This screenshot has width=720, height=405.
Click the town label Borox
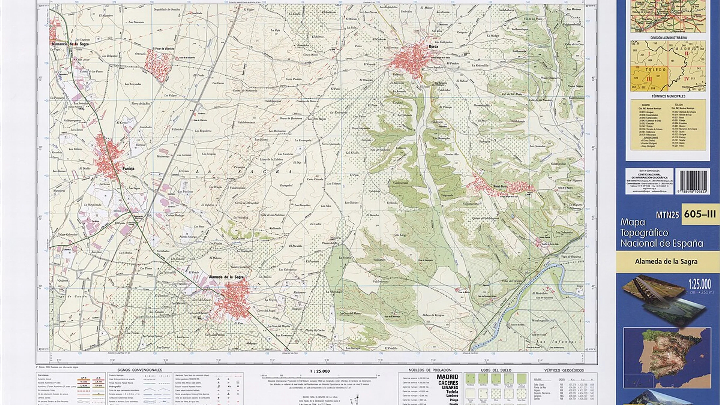coord(433,47)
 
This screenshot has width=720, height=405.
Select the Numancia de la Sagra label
coord(70,44)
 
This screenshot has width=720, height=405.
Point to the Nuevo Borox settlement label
coord(500,186)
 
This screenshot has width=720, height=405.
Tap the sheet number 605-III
coord(700,214)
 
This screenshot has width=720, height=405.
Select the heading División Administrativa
coord(668,38)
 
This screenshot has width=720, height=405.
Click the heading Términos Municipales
coord(668,96)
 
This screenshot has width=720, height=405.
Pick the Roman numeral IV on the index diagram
coord(686,79)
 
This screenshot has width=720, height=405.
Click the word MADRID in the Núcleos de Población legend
coord(447,377)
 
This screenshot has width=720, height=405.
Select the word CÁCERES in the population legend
coord(448,383)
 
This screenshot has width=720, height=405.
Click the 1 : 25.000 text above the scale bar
coord(320,371)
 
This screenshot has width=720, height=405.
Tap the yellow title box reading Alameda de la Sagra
coord(666,262)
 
